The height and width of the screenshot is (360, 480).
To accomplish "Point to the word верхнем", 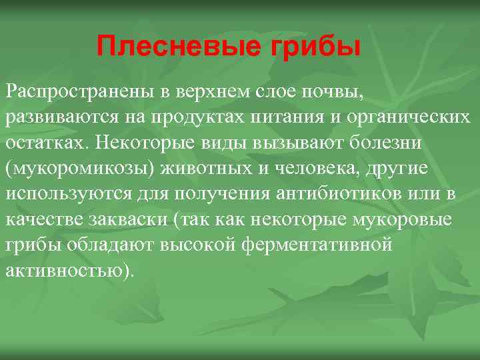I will [204, 91].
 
